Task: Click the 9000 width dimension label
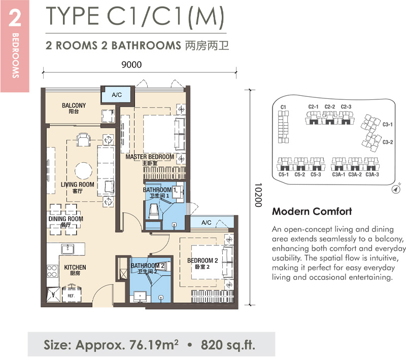[x=131, y=64]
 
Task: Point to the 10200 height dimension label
[x=258, y=195]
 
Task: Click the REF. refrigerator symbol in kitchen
[x=71, y=295]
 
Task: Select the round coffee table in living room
[x=83, y=171]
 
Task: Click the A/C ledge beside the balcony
[x=117, y=95]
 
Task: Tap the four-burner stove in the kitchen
[x=52, y=271]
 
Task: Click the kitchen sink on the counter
[x=67, y=249]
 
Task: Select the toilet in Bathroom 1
[x=154, y=211]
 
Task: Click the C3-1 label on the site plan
[x=388, y=124]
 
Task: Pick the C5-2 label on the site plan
[x=299, y=174]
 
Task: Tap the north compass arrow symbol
[x=395, y=189]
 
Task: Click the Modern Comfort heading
[x=312, y=211]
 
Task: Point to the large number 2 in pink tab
[x=15, y=18]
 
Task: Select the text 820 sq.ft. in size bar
[x=228, y=345]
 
